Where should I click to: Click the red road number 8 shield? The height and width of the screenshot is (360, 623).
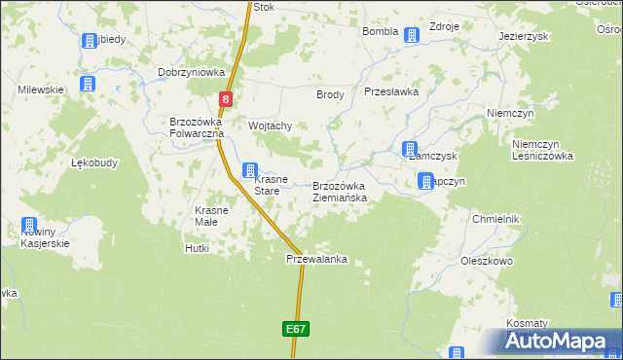coord(226,98)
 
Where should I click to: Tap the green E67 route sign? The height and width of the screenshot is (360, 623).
coord(298,330)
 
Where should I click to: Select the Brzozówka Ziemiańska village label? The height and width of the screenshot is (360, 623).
coord(340,192)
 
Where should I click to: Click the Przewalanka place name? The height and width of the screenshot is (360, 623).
coord(316,260)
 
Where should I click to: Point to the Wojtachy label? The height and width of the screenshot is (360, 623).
coord(271,126)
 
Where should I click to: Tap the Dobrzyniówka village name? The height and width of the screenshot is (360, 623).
coord(192,73)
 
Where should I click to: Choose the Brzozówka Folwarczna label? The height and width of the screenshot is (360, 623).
coord(198,127)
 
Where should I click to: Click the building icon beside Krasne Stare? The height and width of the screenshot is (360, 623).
coord(250,170)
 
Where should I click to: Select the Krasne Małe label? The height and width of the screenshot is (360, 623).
coord(211,216)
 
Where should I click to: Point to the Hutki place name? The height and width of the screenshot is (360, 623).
coord(197,248)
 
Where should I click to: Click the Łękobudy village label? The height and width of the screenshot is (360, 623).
coord(94,162)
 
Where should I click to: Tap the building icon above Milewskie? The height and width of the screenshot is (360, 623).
coord(88,85)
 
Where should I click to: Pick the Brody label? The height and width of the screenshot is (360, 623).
coord(330,94)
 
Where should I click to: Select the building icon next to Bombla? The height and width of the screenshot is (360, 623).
coord(412,35)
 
